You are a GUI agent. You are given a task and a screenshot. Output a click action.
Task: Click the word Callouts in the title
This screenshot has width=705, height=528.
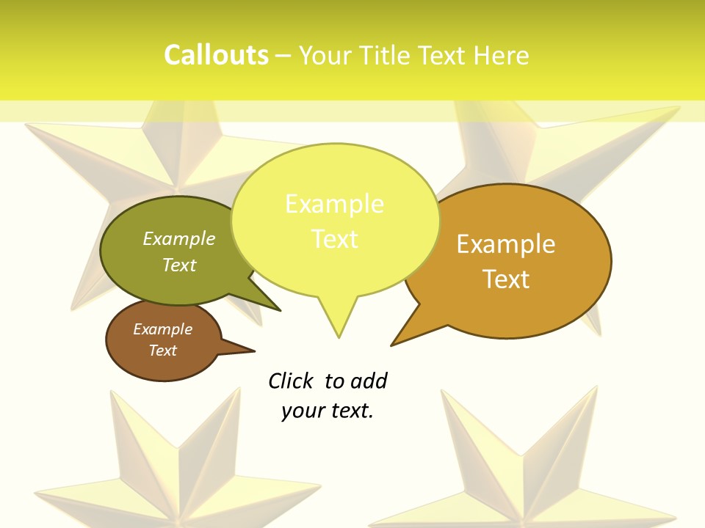(216, 55)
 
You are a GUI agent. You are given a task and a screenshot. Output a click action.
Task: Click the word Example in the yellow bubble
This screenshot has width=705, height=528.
(334, 204)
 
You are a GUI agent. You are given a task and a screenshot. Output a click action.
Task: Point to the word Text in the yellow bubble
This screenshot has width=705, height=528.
(334, 238)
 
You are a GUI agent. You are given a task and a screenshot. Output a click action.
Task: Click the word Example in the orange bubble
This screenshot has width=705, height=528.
(506, 243)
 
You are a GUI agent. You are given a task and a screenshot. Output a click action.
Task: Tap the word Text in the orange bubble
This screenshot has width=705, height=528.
(506, 279)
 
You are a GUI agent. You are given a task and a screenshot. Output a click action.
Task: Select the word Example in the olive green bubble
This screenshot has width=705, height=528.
(179, 238)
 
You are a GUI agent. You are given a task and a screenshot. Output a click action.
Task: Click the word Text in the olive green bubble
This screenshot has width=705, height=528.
(179, 265)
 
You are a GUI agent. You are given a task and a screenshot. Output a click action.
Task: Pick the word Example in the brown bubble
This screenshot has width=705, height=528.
(163, 329)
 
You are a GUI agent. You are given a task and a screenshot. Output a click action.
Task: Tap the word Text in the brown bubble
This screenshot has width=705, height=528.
(163, 351)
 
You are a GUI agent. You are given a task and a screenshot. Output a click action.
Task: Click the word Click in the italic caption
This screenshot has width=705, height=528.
(290, 381)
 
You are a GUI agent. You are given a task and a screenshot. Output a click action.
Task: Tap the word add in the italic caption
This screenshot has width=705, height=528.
(369, 381)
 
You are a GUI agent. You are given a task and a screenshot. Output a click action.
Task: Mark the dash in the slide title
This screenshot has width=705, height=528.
(283, 56)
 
